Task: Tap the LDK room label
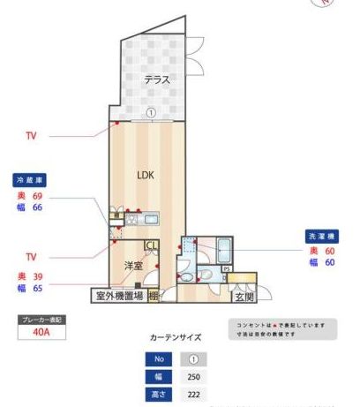pos(146,175)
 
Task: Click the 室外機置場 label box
pos(119,296)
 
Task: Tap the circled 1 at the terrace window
pos(151,113)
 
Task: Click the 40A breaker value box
pos(41,333)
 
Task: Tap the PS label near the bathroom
pos(226,268)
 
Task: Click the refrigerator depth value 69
pos(38,195)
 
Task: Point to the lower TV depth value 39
pos(38,276)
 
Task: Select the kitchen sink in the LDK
pos(149,218)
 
